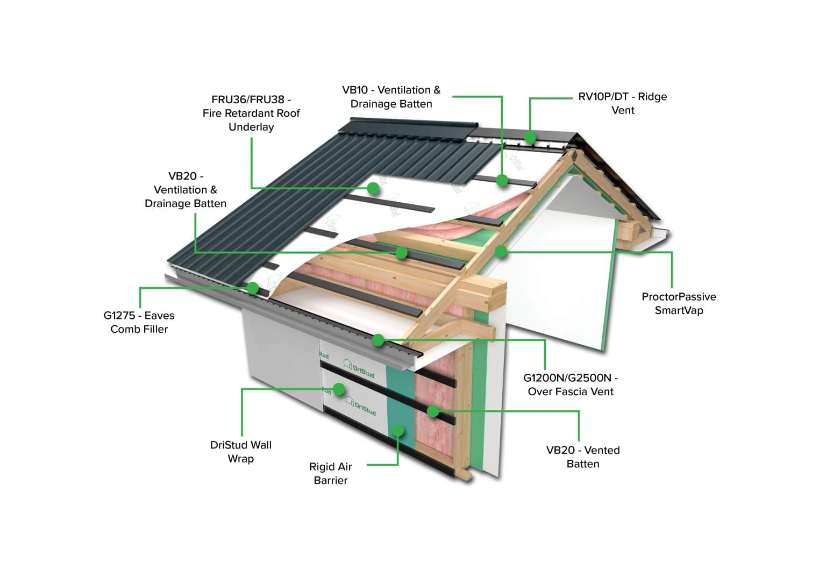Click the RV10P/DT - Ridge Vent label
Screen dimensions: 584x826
pos(623,103)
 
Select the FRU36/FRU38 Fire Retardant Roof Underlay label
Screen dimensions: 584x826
pos(251,113)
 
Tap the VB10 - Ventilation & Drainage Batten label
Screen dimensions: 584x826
pos(391,97)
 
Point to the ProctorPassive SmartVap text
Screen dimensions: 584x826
pos(679,303)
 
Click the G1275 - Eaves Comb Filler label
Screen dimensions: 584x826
pos(139,322)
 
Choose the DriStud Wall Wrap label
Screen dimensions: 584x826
pos(241,452)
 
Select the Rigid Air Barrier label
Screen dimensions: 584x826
pos(330,473)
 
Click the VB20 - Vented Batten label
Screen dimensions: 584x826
pos(583,457)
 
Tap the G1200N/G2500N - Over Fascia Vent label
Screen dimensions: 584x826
pos(571,384)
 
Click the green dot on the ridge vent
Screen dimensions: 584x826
pos(530,137)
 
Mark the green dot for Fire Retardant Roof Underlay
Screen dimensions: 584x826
pos(373,188)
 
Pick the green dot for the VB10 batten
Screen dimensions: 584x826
pos(502,181)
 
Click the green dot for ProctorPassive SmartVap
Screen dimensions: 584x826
pos(501,251)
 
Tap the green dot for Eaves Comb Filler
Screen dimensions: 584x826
pos(252,288)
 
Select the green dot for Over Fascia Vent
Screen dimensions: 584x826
pos(378,340)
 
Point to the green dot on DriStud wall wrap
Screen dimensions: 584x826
pos(339,389)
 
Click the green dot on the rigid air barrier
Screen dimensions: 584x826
pos(398,429)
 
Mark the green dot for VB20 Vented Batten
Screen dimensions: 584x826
pos(432,411)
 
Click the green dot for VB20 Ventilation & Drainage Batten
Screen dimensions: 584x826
pos(401,252)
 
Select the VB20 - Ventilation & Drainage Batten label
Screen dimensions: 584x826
pos(186,189)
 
